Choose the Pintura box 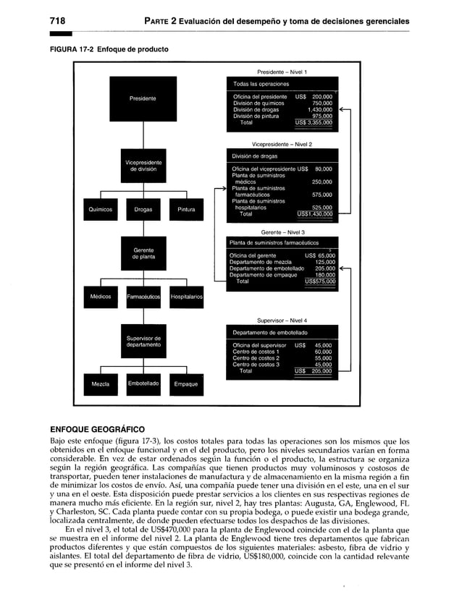click(187, 210)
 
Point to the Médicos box click(100, 297)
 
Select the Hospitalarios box click(187, 297)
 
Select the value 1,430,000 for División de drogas click(319, 109)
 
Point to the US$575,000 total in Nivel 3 click(320, 281)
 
